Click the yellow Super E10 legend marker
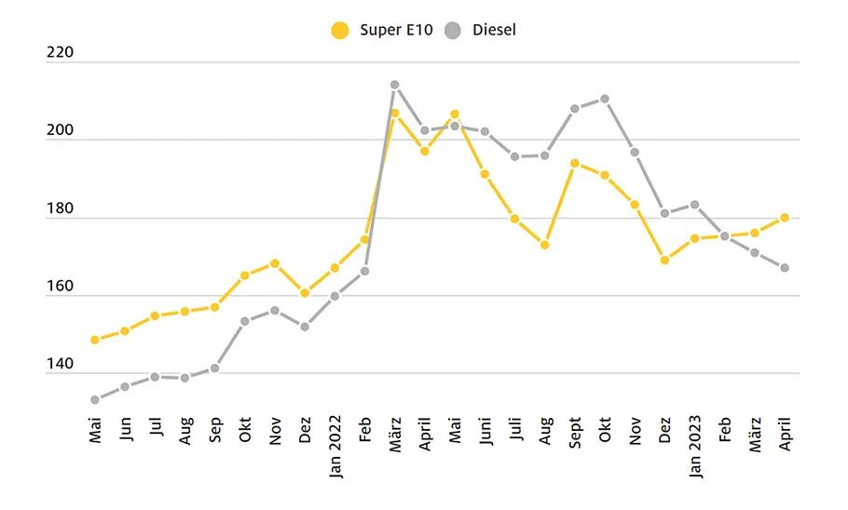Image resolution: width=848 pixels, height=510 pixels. (x=339, y=31)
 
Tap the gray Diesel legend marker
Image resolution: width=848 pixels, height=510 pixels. (x=453, y=31)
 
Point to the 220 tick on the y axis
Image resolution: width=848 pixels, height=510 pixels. (x=60, y=52)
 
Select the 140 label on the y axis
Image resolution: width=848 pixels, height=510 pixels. (x=60, y=364)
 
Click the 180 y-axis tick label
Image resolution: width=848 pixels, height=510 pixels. (x=60, y=208)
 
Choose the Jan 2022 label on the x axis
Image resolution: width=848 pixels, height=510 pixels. (x=335, y=447)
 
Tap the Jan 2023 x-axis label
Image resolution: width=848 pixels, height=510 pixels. (x=695, y=447)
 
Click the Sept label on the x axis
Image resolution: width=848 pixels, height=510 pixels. (x=575, y=432)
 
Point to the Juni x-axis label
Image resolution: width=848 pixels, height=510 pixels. (x=486, y=431)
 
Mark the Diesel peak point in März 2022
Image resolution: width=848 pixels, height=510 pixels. (x=395, y=85)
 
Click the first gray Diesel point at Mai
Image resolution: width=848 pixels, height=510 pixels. (x=95, y=400)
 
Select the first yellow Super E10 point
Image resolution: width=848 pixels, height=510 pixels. (x=95, y=340)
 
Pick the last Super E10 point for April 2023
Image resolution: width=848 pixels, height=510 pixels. (x=785, y=218)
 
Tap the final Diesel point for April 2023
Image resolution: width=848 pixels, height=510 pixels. (x=785, y=268)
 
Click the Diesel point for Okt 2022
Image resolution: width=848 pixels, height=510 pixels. (x=605, y=99)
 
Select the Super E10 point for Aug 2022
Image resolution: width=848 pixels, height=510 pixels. (x=545, y=245)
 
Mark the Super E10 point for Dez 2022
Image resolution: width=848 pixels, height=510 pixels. (x=665, y=260)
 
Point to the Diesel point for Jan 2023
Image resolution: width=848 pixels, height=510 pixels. (x=695, y=205)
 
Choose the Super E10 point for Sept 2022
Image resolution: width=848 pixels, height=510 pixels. (x=575, y=163)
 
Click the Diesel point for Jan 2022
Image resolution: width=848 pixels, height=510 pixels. (x=335, y=296)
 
